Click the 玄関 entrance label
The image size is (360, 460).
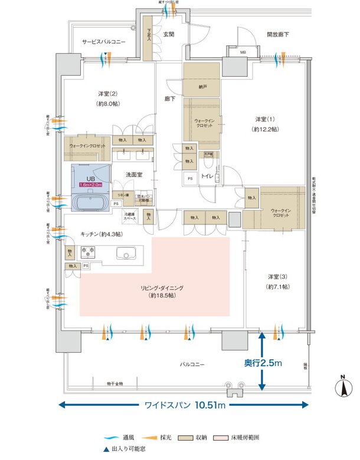click(169, 35)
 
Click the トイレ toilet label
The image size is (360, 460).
click(207, 176)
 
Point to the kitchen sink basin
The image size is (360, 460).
click(126, 255)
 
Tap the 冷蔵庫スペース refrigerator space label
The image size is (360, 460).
click(129, 216)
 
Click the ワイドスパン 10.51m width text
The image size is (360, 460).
click(182, 405)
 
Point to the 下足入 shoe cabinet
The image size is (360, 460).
click(149, 42)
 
